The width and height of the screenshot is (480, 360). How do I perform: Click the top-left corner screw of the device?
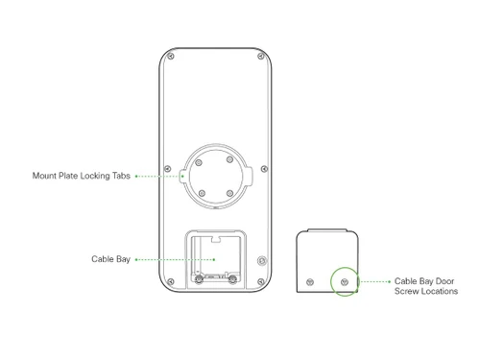[x=171, y=57]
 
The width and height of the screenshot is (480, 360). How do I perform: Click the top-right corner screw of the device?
[x=261, y=57]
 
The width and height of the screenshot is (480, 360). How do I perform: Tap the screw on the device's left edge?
[x=167, y=169]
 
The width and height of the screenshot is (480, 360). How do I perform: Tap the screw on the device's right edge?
[x=264, y=169]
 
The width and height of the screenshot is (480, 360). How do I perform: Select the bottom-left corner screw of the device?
[x=171, y=282]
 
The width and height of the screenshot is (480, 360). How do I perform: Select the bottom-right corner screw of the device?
[x=261, y=282]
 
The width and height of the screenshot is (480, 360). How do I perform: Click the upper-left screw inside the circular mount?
[x=199, y=163]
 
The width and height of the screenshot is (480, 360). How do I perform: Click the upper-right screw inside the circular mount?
[x=229, y=159]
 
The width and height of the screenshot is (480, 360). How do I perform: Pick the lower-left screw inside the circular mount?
[x=202, y=193]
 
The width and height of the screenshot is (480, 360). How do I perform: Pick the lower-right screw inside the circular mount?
[x=229, y=193]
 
